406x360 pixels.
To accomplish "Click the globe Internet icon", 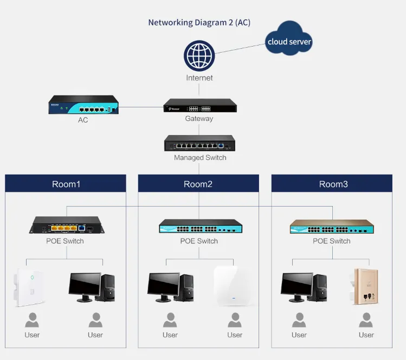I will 199,56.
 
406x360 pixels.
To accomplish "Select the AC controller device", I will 83,105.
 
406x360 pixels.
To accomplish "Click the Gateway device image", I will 200,105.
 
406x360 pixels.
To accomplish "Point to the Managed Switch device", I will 200,144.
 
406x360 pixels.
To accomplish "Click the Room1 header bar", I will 66,184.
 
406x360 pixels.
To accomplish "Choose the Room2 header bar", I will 198,184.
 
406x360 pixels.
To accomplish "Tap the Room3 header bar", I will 332,184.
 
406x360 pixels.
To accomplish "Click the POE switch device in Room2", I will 198,227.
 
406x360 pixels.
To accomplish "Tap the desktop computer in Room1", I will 92,287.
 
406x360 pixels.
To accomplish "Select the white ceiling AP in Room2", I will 234,286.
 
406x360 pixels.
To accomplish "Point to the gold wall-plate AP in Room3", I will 365,287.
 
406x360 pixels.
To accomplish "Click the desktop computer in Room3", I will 304,287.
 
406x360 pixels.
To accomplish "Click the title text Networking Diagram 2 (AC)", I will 199,23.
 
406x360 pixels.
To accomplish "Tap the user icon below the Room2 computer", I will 170,320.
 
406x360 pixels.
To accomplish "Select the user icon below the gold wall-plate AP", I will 366,320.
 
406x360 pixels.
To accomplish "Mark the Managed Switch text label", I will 200,158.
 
